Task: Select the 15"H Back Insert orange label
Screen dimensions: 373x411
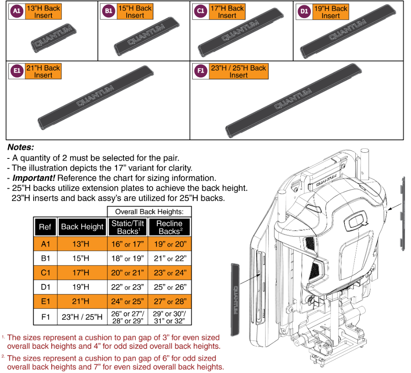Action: click(135, 12)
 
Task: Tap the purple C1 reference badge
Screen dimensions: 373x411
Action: click(200, 12)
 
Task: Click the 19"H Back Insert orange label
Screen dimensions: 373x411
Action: click(330, 12)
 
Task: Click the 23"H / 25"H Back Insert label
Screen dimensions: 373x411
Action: click(238, 71)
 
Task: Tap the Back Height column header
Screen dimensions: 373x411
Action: click(82, 227)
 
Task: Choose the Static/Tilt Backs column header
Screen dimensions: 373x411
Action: click(127, 227)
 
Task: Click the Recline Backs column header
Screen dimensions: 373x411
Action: click(169, 227)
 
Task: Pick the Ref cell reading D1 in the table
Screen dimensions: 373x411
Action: click(45, 287)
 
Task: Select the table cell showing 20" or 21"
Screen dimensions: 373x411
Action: click(127, 273)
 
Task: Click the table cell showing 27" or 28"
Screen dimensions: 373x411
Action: click(169, 302)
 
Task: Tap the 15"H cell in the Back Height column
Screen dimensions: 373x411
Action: click(82, 258)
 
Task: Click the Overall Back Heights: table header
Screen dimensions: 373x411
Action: click(149, 211)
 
